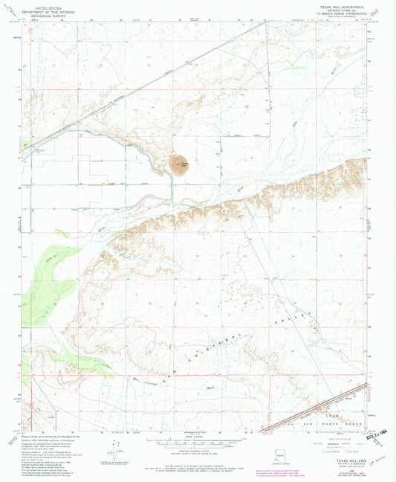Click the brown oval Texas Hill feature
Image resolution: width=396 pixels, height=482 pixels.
click(179, 165)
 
